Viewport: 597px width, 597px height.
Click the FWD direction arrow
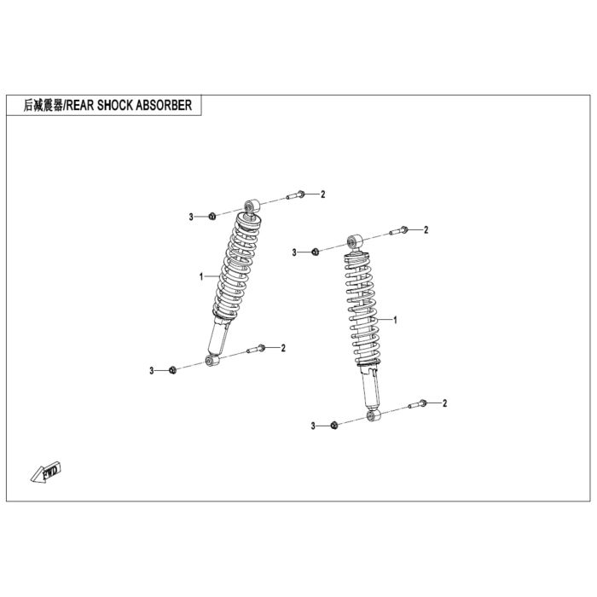coord(46,472)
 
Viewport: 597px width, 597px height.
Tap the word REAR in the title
coord(80,105)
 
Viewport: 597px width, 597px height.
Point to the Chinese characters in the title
coord(43,105)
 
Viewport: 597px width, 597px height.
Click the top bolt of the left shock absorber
coord(296,195)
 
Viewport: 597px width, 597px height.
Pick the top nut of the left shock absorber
coord(212,217)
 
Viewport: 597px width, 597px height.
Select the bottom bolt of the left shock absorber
coord(256,348)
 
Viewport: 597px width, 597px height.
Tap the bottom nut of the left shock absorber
coord(172,369)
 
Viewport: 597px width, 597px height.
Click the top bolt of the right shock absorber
coord(398,231)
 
